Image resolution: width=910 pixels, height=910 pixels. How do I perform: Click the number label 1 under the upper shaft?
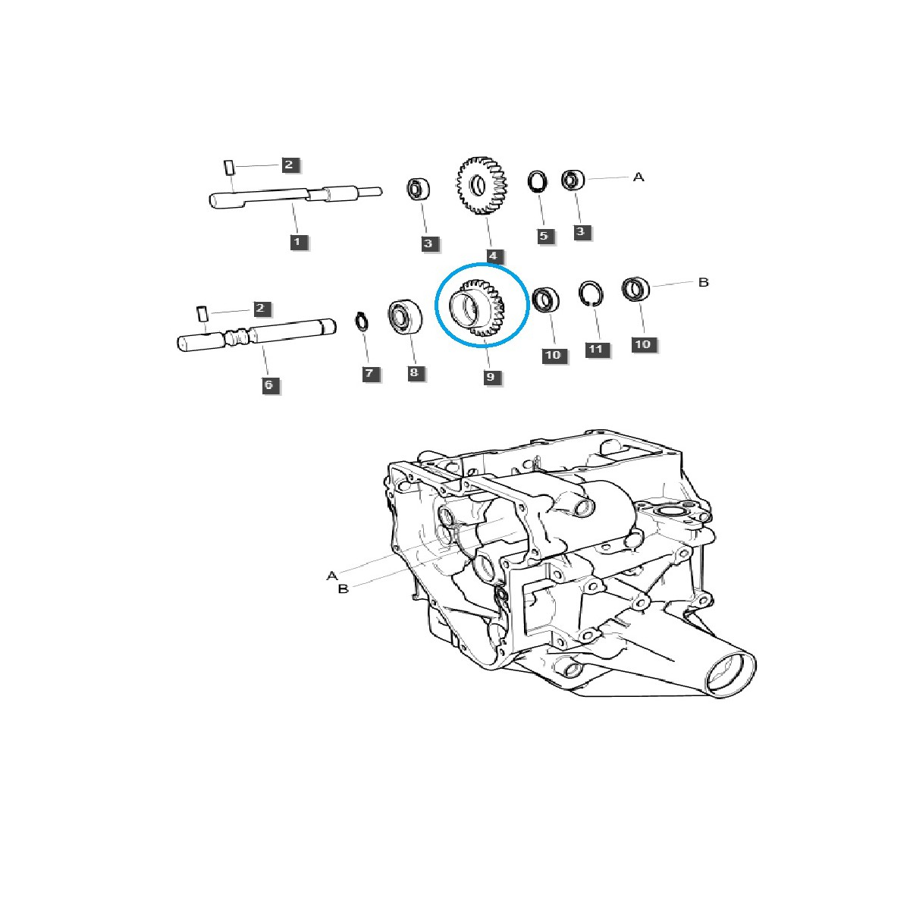(x=297, y=242)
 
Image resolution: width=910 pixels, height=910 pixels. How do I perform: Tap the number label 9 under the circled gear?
(x=492, y=376)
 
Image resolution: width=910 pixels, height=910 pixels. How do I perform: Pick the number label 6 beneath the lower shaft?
(x=268, y=385)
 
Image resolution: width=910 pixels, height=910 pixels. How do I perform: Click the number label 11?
(x=597, y=350)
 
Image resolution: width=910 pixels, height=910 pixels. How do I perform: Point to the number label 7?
(x=369, y=374)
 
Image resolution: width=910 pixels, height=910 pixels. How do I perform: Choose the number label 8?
(x=413, y=373)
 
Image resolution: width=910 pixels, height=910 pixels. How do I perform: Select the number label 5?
(x=543, y=236)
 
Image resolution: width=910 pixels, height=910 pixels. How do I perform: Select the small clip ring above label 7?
(x=362, y=322)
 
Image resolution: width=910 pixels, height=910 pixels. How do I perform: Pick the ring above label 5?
(x=538, y=184)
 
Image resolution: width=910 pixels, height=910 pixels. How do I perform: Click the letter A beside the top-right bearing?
(x=639, y=177)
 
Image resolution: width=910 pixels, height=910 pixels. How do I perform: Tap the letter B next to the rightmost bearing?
(x=703, y=282)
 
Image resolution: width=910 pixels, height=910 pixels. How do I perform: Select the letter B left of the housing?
(x=343, y=588)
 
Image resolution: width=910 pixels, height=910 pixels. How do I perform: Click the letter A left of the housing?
(x=331, y=576)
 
